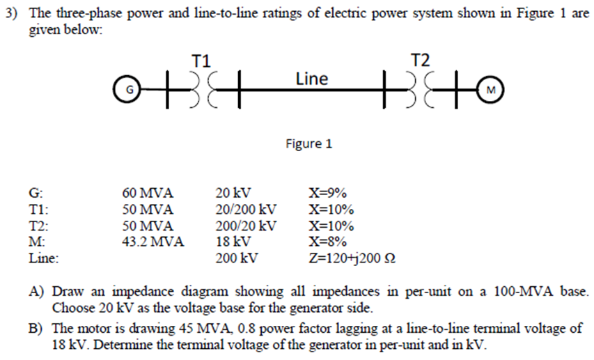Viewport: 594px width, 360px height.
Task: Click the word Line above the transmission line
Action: (x=311, y=79)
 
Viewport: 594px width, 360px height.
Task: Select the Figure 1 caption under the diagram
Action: (x=308, y=144)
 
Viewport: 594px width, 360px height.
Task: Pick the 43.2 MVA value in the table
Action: (x=153, y=242)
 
